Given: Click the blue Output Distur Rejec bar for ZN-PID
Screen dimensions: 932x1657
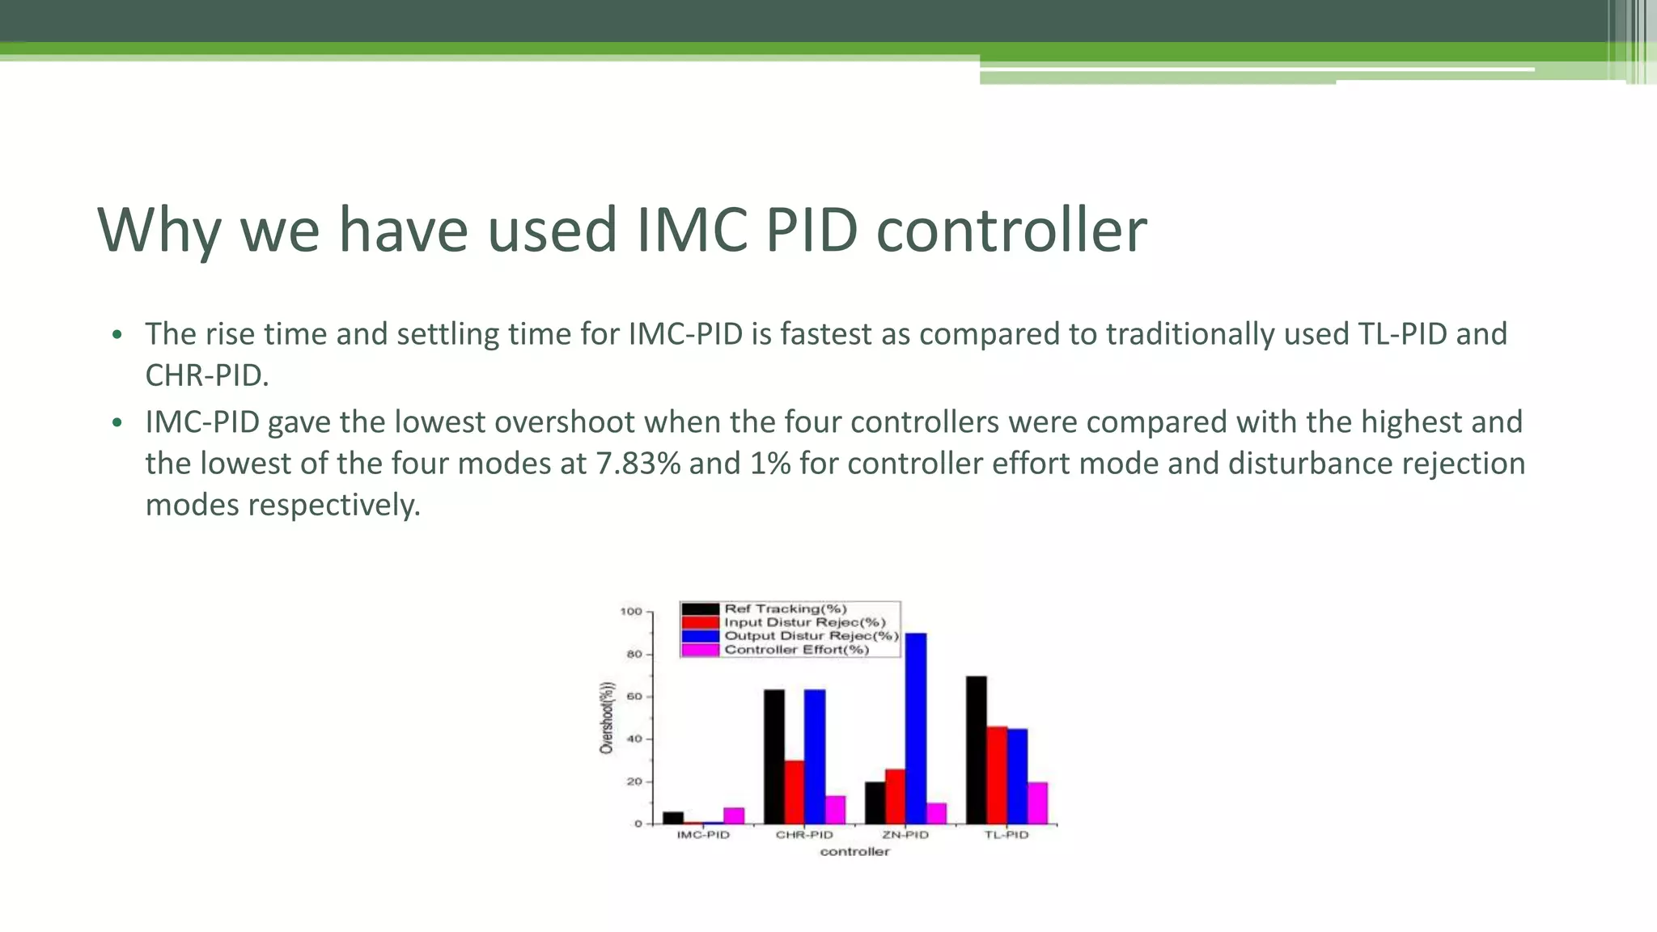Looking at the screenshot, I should [x=916, y=728].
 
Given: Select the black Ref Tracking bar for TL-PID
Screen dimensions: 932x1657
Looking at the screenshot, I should [x=976, y=750].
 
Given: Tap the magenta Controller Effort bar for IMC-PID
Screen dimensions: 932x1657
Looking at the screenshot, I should [x=734, y=815].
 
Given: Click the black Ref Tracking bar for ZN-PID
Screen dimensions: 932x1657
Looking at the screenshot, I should [x=875, y=803].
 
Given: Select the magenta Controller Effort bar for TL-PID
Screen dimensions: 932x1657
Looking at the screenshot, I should [x=1037, y=803].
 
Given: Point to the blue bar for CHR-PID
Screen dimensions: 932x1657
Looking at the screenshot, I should [x=815, y=756].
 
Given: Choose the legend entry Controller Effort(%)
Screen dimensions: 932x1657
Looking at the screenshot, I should [x=796, y=650].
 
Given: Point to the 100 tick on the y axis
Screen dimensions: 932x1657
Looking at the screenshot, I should [x=631, y=612].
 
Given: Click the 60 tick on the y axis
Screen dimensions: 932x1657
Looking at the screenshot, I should [x=634, y=697].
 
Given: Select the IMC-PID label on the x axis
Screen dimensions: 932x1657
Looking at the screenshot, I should [x=703, y=835].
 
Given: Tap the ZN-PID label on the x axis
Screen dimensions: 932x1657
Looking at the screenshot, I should [x=905, y=835].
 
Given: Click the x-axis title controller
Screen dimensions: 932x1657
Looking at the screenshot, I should [x=854, y=852].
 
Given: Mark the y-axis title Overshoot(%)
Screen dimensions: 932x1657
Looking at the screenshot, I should [x=607, y=718].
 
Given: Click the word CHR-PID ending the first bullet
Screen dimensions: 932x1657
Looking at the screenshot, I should [x=206, y=375].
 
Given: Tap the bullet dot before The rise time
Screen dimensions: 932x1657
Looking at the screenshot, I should [x=117, y=335].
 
